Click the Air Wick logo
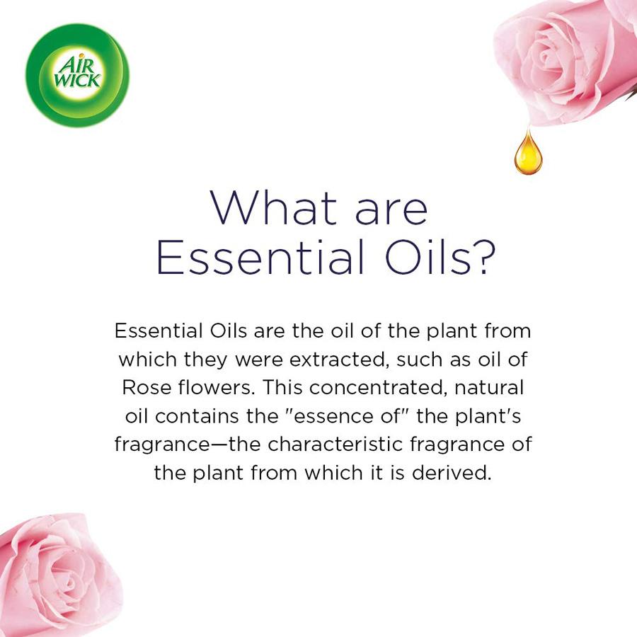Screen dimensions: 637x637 click(77, 75)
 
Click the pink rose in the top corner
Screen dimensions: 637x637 click(566, 57)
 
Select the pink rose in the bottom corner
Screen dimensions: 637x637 click(53, 577)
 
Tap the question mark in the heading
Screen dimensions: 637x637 click(481, 259)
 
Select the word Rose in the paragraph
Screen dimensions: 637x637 click(144, 388)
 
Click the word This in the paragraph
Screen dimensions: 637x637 click(285, 388)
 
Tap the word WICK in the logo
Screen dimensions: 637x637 click(78, 81)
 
